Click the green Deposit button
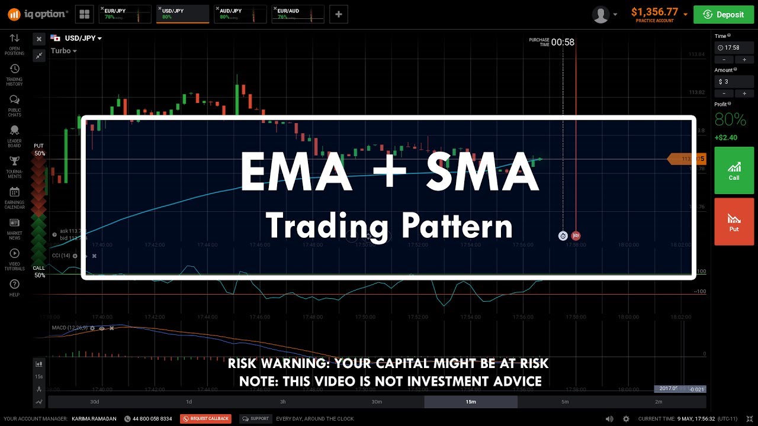click(724, 15)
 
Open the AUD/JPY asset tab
click(240, 14)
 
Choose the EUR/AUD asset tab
click(298, 14)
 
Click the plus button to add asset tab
click(338, 14)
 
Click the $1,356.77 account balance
click(654, 12)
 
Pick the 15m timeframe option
click(470, 402)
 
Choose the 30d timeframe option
click(95, 402)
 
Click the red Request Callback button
click(205, 419)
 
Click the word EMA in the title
click(296, 172)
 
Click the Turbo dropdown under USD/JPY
click(63, 51)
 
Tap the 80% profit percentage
click(730, 120)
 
